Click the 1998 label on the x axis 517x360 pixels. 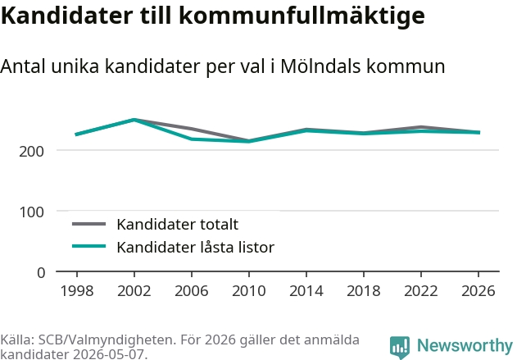[x=77, y=290]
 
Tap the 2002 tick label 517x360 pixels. [x=134, y=290]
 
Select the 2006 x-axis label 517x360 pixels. [x=192, y=290]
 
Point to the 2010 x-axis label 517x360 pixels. [x=249, y=290]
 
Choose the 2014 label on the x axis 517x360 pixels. [x=306, y=290]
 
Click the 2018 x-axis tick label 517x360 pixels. [x=364, y=290]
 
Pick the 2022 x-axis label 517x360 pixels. [x=421, y=290]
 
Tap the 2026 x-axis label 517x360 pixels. [x=478, y=290]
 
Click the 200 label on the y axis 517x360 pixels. [x=31, y=152]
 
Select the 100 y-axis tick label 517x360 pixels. [x=31, y=212]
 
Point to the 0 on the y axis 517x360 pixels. [x=41, y=273]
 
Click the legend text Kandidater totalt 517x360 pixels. [x=178, y=225]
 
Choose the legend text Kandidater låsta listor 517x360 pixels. [x=196, y=247]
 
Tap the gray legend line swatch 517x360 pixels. [x=89, y=224]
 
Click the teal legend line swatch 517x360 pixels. [x=89, y=246]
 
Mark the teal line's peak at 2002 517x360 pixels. [x=134, y=120]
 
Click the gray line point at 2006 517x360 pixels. [x=192, y=129]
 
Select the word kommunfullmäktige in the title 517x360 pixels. [x=302, y=16]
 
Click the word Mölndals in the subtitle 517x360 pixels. [x=321, y=66]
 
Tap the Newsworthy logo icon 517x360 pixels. [x=400, y=347]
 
